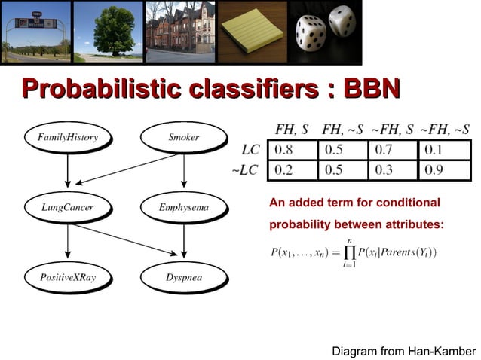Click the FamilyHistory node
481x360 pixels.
68,138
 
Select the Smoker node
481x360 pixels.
184,138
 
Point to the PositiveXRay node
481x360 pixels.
68,277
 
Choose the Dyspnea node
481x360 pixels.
184,277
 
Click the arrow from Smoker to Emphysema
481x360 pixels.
184,172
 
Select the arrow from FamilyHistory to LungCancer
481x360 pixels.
68,172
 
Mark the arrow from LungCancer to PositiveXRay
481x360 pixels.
68,242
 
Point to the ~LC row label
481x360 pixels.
244,169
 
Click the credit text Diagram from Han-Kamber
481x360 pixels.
403,351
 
